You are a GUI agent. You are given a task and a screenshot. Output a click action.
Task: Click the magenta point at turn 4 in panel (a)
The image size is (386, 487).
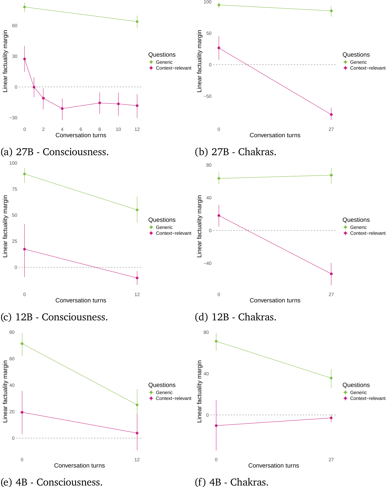click(62, 109)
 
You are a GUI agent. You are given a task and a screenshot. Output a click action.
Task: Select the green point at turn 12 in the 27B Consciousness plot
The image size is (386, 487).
click(137, 22)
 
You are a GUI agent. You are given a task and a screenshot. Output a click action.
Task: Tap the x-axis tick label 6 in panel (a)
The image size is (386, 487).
click(81, 129)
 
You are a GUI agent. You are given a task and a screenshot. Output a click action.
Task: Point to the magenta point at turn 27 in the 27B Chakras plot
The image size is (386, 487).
click(331, 115)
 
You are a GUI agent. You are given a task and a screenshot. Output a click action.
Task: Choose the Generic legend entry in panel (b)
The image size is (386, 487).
click(358, 62)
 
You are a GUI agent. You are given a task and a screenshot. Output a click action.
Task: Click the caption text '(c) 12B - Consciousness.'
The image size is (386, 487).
click(54, 317)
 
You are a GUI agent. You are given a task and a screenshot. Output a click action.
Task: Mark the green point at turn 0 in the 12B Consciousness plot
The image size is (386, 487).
click(25, 174)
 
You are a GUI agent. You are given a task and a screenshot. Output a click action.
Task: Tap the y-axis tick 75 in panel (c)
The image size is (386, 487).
click(14, 189)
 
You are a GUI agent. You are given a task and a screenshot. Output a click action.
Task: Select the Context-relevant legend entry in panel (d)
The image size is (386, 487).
click(367, 233)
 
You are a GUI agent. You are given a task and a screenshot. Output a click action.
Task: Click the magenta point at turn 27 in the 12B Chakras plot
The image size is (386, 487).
click(331, 274)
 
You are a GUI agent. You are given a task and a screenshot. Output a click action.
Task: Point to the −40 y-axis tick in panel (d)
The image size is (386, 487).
click(207, 263)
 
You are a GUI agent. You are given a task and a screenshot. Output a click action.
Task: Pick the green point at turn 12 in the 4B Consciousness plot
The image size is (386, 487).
click(137, 405)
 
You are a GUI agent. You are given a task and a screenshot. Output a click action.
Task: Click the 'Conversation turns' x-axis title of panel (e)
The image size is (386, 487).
click(79, 466)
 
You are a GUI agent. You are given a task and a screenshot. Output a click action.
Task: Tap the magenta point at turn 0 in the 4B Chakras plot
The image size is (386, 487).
click(216, 426)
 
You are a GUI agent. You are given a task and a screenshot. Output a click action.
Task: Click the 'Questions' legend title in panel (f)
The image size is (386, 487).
click(356, 385)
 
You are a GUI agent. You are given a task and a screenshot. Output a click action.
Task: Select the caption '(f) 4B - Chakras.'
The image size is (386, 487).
click(232, 482)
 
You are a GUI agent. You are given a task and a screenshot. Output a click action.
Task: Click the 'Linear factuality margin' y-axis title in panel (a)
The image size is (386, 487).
click(5, 61)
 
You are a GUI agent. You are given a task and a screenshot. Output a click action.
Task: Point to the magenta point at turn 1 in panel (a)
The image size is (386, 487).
click(34, 87)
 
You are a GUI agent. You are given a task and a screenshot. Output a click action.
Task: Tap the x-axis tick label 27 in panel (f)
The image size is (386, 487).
click(331, 460)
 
